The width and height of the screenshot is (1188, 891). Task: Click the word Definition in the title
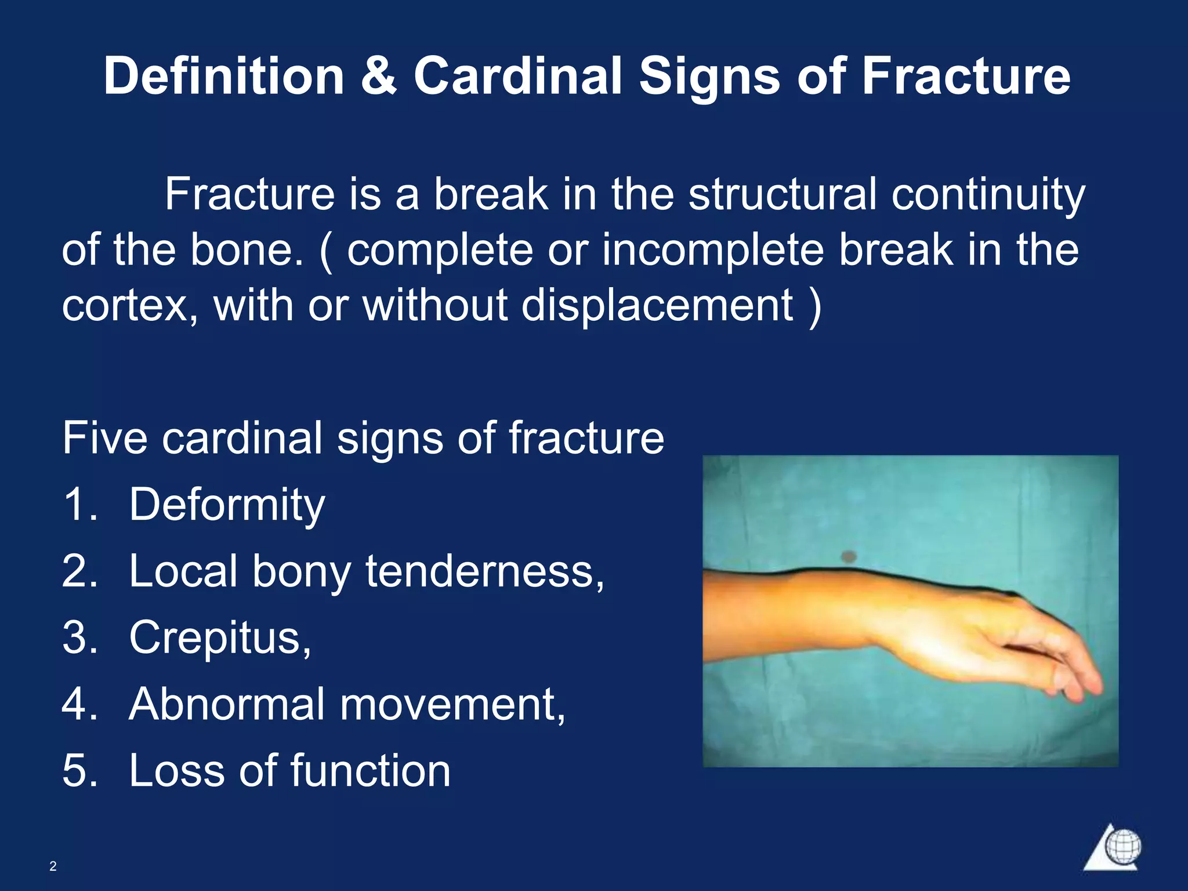224,77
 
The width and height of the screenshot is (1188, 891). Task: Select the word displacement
657,306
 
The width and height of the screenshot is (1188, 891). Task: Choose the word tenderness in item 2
485,571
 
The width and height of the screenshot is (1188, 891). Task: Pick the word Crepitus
220,638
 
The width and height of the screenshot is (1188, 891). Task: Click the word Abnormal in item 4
227,704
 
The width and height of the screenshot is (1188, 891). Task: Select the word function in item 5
370,771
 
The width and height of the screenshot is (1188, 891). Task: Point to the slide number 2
53,866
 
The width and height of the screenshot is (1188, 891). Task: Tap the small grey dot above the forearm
849,557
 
